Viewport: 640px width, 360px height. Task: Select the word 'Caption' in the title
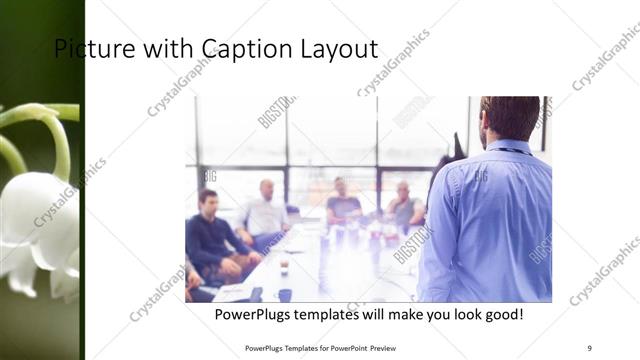click(x=244, y=49)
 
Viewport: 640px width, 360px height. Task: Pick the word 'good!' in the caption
click(x=501, y=315)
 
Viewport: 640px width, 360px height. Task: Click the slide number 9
click(x=589, y=347)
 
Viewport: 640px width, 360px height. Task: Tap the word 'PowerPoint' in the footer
click(x=347, y=348)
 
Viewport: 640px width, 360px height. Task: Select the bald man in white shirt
click(x=264, y=210)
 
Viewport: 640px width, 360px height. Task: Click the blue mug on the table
click(x=285, y=295)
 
